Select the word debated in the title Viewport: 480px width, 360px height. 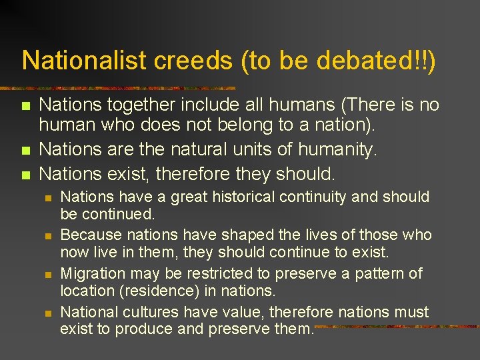(373, 60)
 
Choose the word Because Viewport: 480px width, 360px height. (89, 235)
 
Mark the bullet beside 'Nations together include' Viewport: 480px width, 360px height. (25, 106)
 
